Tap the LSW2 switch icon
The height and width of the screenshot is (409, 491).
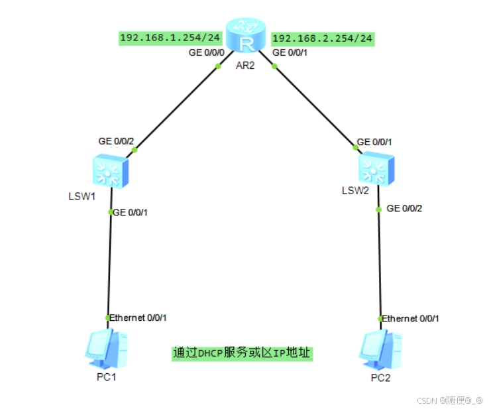click(376, 168)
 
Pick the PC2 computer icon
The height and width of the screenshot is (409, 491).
click(380, 349)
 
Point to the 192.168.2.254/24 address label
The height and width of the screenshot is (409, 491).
click(323, 38)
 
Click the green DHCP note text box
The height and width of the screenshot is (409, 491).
click(241, 353)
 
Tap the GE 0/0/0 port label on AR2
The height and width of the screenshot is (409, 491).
click(207, 52)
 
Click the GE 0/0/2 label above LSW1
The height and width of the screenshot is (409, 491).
click(116, 141)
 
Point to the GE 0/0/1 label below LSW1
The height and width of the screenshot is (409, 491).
click(131, 212)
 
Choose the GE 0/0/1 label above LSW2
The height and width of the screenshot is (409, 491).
click(374, 142)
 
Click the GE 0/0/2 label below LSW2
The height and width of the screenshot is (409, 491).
click(404, 208)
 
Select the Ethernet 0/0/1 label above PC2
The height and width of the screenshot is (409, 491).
click(411, 318)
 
